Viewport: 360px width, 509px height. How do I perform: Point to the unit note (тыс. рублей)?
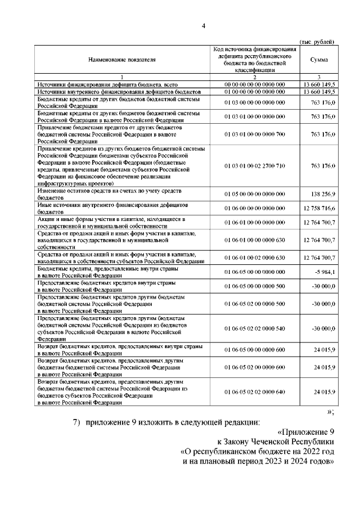pyautogui.click(x=318, y=42)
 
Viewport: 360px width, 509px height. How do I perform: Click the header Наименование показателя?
pyautogui.click(x=121, y=59)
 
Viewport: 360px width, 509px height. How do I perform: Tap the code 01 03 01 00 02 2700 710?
pyautogui.click(x=255, y=166)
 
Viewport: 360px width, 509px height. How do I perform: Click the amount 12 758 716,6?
pyautogui.click(x=319, y=209)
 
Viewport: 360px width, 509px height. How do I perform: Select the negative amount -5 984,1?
pyautogui.click(x=325, y=272)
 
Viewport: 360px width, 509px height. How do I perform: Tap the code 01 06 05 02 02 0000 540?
pyautogui.click(x=255, y=328)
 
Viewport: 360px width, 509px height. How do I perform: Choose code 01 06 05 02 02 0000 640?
pyautogui.click(x=255, y=391)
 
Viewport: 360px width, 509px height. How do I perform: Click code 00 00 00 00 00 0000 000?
pyautogui.click(x=255, y=84)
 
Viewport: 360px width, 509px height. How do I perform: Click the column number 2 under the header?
pyautogui.click(x=255, y=77)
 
